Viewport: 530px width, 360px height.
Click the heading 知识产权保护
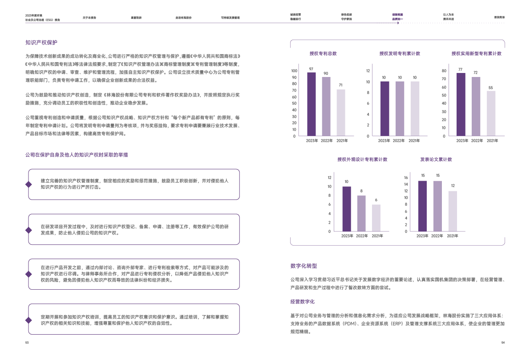point(41,43)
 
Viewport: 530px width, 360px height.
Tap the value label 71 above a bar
point(340,85)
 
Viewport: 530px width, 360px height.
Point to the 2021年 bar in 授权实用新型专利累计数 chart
point(491,113)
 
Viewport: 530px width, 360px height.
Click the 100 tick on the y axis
point(294,71)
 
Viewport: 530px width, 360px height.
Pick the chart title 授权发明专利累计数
point(400,53)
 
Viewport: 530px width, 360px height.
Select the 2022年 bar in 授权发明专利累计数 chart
point(400,109)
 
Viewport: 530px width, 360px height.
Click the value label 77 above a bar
point(460,69)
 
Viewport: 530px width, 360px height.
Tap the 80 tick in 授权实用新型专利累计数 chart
point(443,71)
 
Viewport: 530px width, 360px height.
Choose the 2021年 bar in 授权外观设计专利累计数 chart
point(376,218)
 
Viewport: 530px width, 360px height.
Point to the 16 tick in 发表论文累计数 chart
point(405,178)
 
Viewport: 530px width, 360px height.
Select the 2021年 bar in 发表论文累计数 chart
point(453,211)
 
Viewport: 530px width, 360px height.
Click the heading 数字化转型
point(303,266)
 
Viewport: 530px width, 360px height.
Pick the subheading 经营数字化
point(302,301)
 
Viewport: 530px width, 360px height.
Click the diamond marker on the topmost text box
point(28,184)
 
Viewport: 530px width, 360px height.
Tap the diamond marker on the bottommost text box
point(28,320)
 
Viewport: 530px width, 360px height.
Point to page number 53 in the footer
point(27,343)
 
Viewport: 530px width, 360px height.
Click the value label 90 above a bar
point(326,73)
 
